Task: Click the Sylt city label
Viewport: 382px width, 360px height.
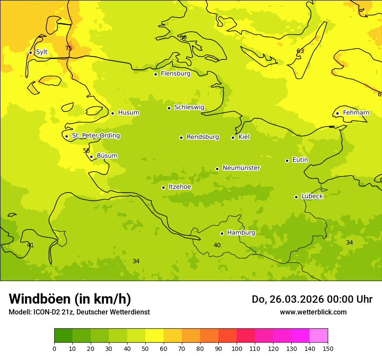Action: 42,52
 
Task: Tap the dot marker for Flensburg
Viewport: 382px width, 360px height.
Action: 155,74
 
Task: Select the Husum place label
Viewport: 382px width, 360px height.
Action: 128,113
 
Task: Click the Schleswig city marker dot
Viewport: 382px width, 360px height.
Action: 169,108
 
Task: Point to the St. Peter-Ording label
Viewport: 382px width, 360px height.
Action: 96,136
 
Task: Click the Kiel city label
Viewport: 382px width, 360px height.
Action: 244,137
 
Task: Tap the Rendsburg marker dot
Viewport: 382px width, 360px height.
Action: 181,137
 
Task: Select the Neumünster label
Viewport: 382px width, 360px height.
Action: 241,168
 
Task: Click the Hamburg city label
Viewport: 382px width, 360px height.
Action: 241,233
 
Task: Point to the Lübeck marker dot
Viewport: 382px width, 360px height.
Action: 296,197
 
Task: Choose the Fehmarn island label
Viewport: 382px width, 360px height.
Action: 356,113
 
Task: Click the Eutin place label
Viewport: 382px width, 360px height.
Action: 300,160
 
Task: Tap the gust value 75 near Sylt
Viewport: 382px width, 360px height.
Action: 69,48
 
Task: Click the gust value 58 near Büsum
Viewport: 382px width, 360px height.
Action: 86,151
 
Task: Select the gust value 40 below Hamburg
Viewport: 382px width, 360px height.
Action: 217,245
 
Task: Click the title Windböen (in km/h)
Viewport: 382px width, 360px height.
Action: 70,299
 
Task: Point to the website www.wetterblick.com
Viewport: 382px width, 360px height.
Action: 313,312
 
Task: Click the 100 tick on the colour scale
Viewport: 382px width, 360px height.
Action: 237,348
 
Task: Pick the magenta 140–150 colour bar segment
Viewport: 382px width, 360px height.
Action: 319,336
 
